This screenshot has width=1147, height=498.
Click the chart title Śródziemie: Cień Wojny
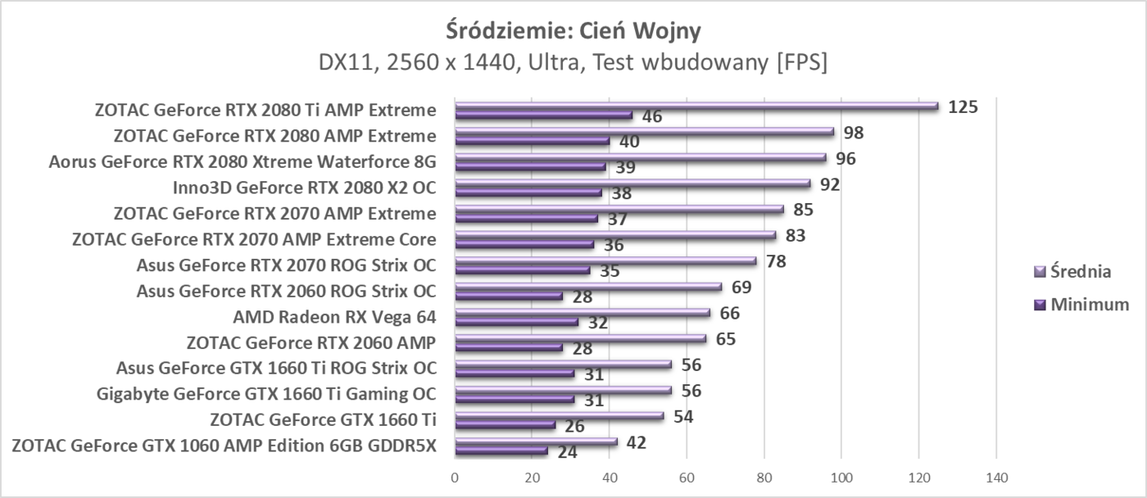tap(573, 30)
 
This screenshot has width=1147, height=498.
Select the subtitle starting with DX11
tap(573, 63)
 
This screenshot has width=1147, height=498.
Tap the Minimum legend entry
tap(1081, 305)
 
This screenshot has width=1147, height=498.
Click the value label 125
tap(963, 106)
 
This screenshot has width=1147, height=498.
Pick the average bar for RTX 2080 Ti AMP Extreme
tap(696, 106)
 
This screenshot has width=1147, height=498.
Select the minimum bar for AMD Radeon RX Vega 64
tap(516, 322)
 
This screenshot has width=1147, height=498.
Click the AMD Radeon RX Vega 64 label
tap(334, 317)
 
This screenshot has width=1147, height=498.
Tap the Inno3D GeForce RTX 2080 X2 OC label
tap(304, 188)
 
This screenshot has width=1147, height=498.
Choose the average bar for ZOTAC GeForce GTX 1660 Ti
tap(559, 416)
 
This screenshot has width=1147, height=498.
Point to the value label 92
tap(830, 184)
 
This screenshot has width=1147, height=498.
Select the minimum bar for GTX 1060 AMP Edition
tap(501, 451)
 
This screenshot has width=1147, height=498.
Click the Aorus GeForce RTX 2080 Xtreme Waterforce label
tap(243, 161)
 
